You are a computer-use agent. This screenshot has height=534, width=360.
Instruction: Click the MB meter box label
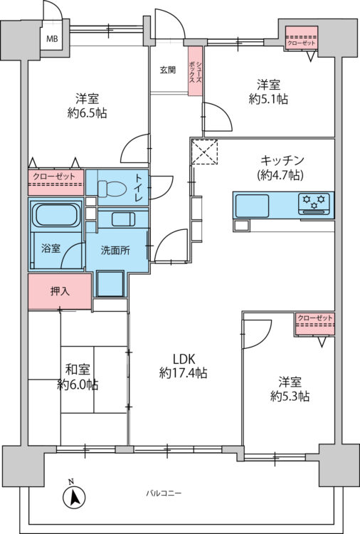tap(52, 39)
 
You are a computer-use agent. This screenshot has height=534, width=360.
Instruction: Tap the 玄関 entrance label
tap(168, 70)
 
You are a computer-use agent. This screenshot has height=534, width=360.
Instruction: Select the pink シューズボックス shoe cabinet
tap(196, 70)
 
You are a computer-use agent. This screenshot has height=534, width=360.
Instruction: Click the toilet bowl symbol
tap(110, 187)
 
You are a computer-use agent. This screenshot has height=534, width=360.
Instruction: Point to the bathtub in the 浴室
tap(56, 215)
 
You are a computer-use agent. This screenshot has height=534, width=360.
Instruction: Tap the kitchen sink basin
tap(252, 205)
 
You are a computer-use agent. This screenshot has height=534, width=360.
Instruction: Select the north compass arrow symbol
tap(73, 496)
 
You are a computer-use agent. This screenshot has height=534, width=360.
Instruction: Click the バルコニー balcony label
tap(164, 493)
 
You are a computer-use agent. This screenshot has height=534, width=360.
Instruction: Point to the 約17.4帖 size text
tap(184, 373)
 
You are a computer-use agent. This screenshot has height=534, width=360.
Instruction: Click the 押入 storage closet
tap(60, 291)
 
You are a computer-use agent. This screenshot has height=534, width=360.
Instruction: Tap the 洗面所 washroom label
tap(115, 251)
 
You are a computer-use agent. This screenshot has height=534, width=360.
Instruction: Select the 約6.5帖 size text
tap(87, 113)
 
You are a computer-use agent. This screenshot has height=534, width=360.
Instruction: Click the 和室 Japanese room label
tap(78, 370)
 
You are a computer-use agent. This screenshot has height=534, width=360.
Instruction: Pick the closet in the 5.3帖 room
tap(314, 324)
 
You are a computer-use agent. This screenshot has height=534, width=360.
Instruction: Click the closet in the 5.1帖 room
tap(302, 38)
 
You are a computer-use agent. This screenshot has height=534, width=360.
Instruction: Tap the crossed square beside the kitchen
tap(204, 152)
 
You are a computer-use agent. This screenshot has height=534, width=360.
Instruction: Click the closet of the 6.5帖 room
tap(55, 182)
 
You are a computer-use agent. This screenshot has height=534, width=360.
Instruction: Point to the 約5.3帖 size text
tap(290, 397)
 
